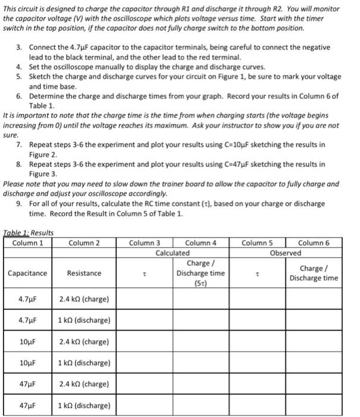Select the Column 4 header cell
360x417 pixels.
[201, 242]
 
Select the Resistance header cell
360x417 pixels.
[84, 273]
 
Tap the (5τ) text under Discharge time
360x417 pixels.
[201, 284]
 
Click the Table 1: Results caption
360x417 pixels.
[29, 232]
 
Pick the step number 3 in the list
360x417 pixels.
[19, 46]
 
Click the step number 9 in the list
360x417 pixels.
[19, 204]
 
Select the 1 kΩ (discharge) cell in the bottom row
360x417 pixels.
[84, 406]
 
